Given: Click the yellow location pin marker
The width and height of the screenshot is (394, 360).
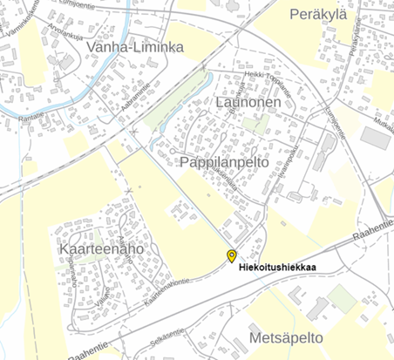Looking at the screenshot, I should (231, 255).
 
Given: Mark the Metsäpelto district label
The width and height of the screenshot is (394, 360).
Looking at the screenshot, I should (286, 336).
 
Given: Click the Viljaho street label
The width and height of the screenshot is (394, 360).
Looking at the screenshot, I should (102, 295).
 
